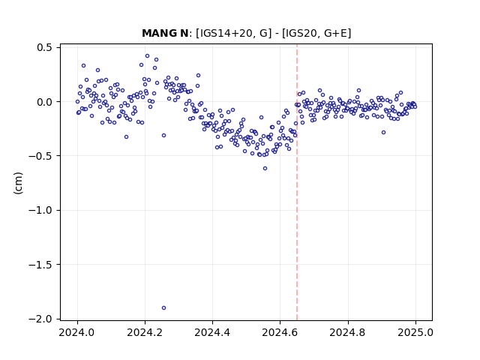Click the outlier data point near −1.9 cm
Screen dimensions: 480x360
(x=163, y=307)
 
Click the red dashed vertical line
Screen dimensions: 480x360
(x=297, y=182)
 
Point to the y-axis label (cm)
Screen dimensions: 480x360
(x=18, y=183)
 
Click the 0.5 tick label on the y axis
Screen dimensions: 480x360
(x=44, y=48)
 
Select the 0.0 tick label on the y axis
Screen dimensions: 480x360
(x=44, y=102)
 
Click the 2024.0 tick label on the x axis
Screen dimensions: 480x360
(x=77, y=332)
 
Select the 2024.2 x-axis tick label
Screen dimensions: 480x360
(x=145, y=332)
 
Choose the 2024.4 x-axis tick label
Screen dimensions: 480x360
(x=212, y=332)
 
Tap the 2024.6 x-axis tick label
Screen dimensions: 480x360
(x=280, y=332)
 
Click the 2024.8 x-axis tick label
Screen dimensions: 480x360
(x=347, y=332)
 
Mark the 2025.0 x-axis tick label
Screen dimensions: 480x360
(x=415, y=332)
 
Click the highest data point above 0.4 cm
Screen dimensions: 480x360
(x=147, y=56)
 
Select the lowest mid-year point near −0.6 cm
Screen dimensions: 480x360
(x=265, y=168)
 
